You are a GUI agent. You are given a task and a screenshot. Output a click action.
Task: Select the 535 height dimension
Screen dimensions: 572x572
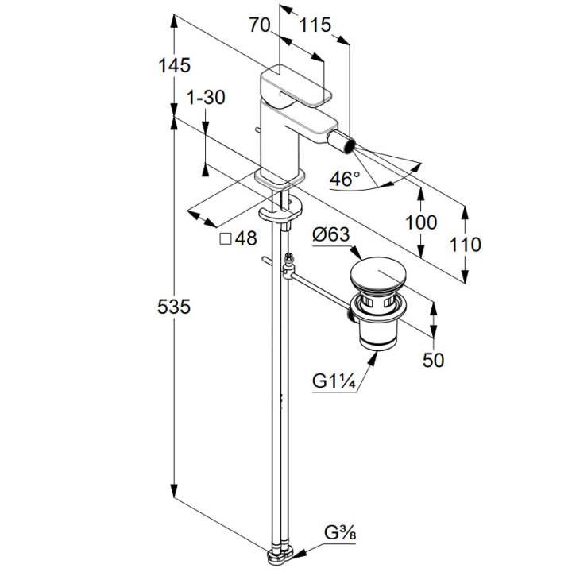[173, 307]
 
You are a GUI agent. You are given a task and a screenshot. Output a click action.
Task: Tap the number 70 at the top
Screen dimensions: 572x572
[260, 25]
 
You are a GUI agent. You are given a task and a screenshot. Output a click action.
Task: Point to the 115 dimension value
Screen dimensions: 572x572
[315, 25]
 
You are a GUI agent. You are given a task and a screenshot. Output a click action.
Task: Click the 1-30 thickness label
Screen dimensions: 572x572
[205, 98]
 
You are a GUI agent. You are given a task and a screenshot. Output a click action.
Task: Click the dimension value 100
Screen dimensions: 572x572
[420, 222]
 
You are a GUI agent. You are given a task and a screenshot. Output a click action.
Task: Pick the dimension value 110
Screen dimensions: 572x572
[465, 244]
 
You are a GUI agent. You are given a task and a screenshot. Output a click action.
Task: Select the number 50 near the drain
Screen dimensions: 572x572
[433, 360]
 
